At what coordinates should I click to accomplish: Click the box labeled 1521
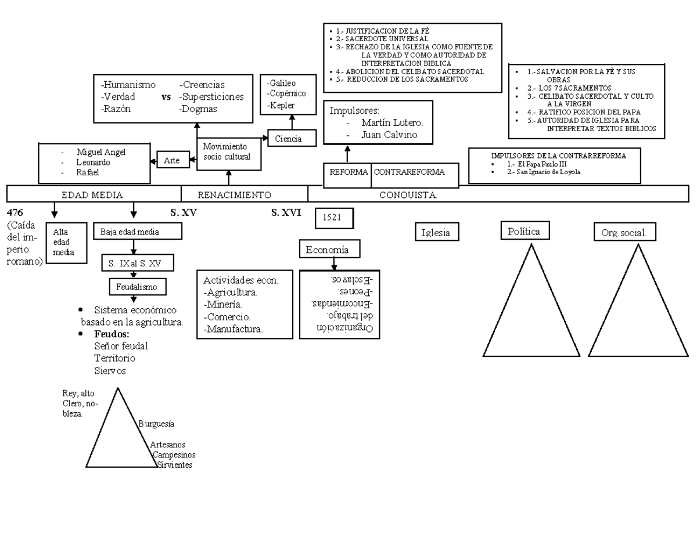(x=334, y=218)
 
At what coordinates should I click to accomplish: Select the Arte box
(x=173, y=160)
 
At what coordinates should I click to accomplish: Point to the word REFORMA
(x=348, y=172)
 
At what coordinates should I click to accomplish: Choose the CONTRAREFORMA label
(x=409, y=172)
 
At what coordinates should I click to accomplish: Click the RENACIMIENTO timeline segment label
(x=234, y=195)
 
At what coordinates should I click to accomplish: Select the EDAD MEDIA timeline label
(x=92, y=195)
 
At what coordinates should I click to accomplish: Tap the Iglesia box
(x=436, y=232)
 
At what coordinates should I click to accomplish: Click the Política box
(x=524, y=231)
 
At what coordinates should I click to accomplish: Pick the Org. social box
(x=624, y=233)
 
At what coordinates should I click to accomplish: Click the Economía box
(x=328, y=250)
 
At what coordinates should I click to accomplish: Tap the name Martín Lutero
(x=392, y=123)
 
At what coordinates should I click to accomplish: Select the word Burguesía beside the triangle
(x=157, y=424)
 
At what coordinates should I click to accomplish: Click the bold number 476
(x=15, y=212)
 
